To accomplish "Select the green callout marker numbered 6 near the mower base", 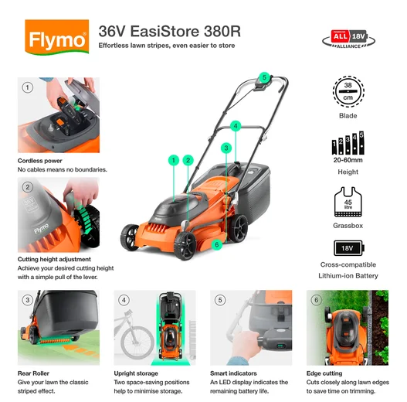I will pyautogui.click(x=217, y=244).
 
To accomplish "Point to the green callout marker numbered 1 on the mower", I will pyautogui.click(x=172, y=160).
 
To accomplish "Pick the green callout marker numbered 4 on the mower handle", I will pyautogui.click(x=236, y=124).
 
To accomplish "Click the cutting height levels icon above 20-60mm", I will pyautogui.click(x=348, y=144).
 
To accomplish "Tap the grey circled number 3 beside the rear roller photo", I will pyautogui.click(x=27, y=300).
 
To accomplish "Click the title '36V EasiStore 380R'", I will pyautogui.click(x=170, y=31).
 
